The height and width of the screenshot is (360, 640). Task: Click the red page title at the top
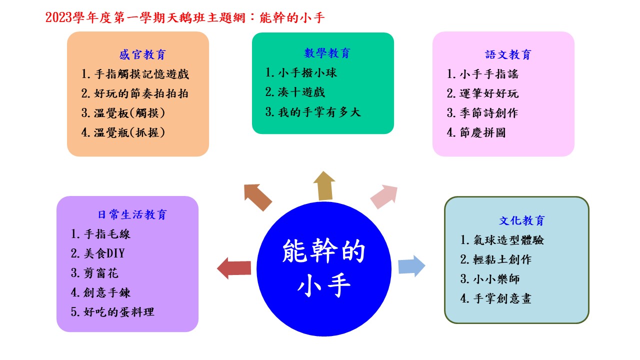coord(185,17)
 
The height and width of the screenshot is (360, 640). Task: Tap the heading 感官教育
coord(142,54)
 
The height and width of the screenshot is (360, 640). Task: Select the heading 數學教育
coord(327,53)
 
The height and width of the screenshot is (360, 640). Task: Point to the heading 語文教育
coord(508,54)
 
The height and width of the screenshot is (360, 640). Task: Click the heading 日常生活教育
coord(132,214)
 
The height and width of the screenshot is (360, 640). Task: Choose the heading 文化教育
coord(522,220)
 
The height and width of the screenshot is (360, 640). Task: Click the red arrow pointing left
coord(234,268)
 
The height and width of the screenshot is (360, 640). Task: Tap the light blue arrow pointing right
coord(411,266)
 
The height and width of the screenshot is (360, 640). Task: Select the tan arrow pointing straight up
coord(324,186)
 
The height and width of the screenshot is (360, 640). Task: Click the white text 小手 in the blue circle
coord(323,285)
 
